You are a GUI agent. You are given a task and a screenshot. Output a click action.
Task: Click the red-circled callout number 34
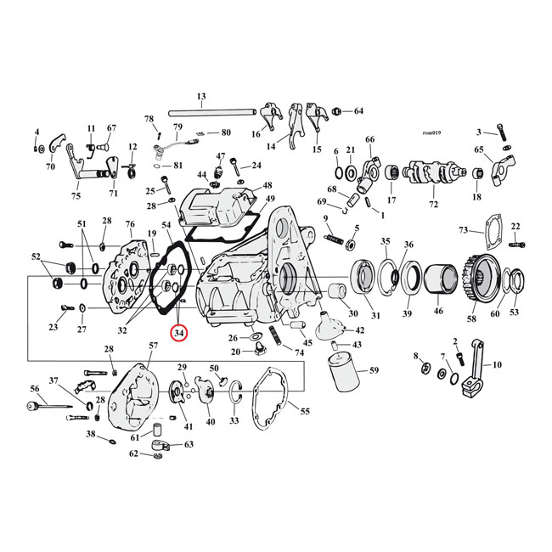tap(179, 334)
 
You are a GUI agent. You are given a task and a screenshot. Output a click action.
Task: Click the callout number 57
tap(153, 346)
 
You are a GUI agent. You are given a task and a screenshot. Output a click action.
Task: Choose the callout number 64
tap(358, 111)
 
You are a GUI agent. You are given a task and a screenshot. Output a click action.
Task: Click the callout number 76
tap(130, 224)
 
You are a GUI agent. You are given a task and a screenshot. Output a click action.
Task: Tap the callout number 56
tap(35, 388)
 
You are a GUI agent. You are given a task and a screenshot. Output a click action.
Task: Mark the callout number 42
tap(359, 330)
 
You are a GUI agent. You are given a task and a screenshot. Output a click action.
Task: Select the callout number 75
tap(76, 196)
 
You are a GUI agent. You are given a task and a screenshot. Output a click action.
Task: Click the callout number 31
tap(375, 316)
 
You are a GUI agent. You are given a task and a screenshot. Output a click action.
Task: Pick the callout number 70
tap(50, 166)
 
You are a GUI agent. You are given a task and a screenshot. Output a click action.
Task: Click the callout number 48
tap(268, 185)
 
